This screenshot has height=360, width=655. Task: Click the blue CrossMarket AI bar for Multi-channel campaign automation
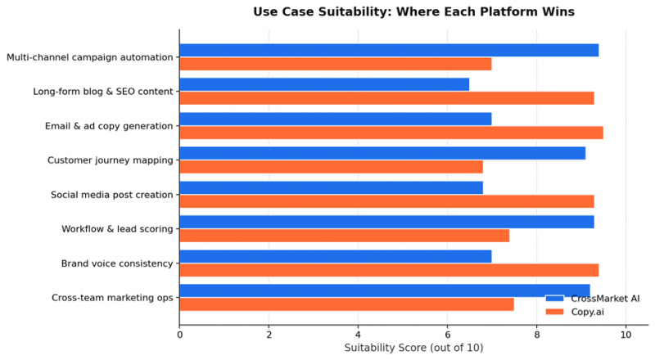click(x=389, y=50)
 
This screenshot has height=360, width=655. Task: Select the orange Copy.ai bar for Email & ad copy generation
click(x=391, y=133)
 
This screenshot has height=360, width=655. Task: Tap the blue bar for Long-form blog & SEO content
click(x=324, y=84)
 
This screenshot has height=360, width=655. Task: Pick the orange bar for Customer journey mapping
click(x=332, y=167)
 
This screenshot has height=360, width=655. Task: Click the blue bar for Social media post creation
click(x=332, y=187)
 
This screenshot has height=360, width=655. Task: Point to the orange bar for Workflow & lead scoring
click(x=344, y=236)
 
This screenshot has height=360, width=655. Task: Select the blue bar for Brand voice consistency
click(x=336, y=256)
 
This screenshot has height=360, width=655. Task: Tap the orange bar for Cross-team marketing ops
click(x=346, y=304)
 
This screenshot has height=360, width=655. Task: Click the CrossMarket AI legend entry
click(x=592, y=299)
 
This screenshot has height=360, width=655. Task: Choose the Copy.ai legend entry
click(x=575, y=312)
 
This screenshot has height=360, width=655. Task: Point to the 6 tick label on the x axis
click(x=447, y=335)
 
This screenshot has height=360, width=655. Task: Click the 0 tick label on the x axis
click(x=179, y=335)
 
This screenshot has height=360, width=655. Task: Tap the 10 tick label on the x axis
click(x=626, y=335)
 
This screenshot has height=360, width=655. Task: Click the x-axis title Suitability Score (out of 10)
click(x=413, y=348)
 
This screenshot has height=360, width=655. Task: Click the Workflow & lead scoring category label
click(x=117, y=229)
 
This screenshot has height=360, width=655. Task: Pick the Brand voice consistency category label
click(x=117, y=263)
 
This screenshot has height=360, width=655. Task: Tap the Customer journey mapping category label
click(x=110, y=160)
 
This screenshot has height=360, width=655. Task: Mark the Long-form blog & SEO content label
click(x=103, y=92)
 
